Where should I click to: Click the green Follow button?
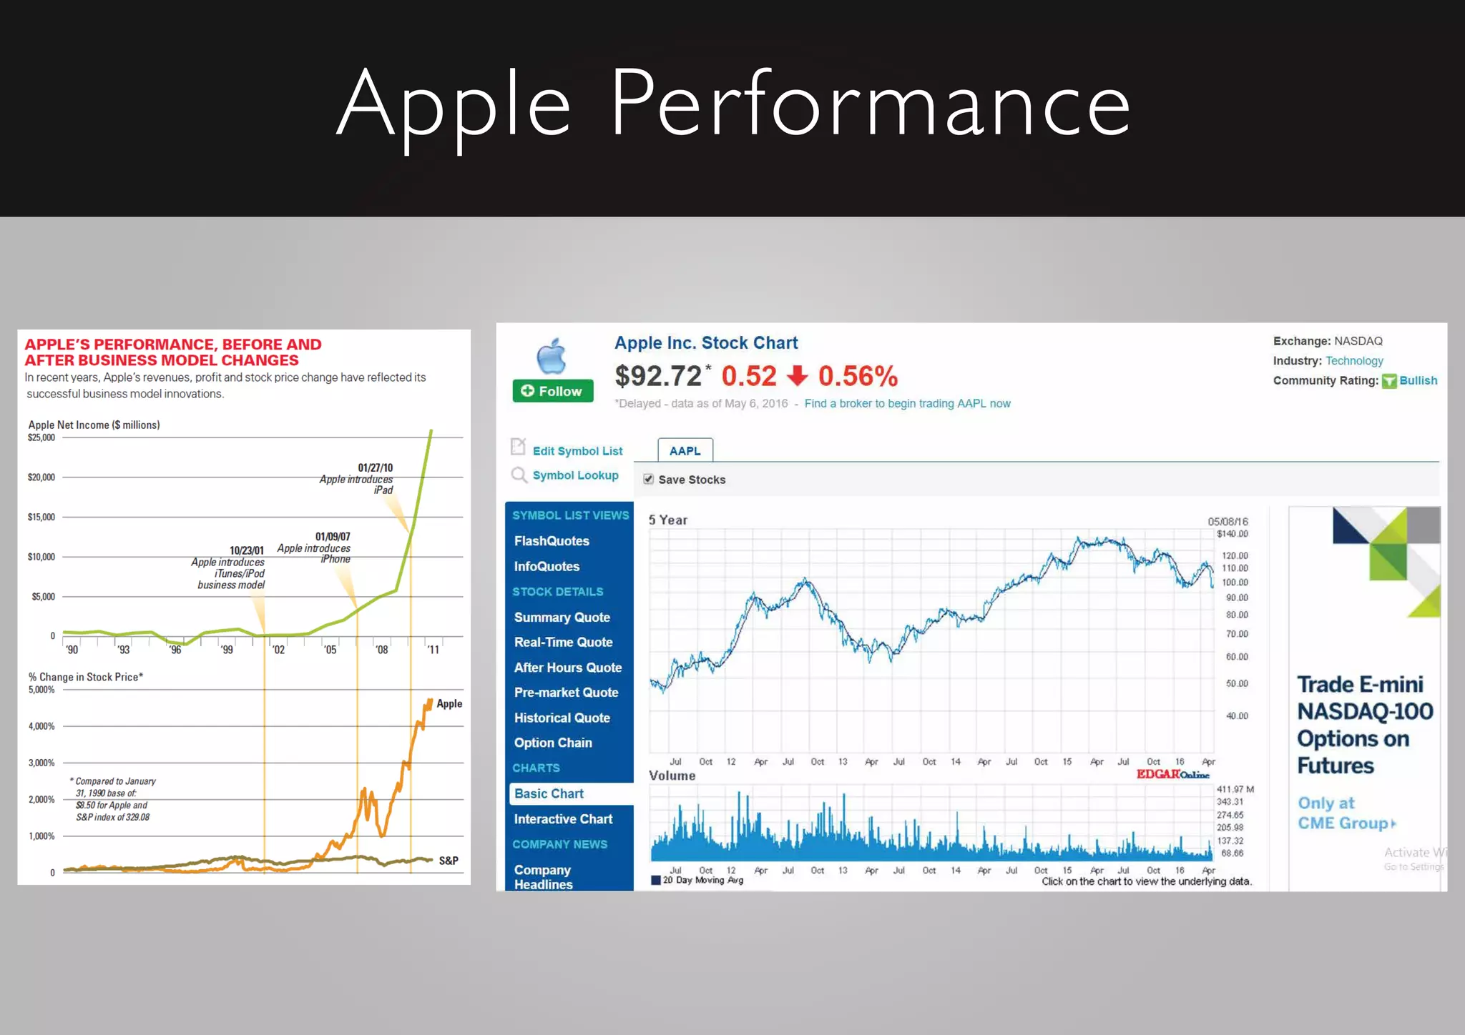coord(552,391)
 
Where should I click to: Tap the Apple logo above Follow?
coord(552,355)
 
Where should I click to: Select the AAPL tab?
coord(685,451)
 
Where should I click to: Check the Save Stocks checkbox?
coord(648,480)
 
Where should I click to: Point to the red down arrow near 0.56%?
coord(797,376)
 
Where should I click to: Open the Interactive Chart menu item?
coord(563,819)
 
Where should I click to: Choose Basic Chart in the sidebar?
coord(549,793)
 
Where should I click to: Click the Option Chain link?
coord(552,743)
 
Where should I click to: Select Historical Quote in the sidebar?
coord(562,718)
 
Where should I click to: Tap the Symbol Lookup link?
coord(575,475)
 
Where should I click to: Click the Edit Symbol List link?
coord(577,451)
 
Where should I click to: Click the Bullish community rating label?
coord(1418,381)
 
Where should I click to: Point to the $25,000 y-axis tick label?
coord(41,437)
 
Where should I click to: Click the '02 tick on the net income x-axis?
coord(278,650)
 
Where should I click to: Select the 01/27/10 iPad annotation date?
coord(375,468)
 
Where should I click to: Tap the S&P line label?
coord(449,861)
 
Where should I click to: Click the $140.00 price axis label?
coord(1232,534)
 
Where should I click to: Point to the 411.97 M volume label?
coord(1235,789)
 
